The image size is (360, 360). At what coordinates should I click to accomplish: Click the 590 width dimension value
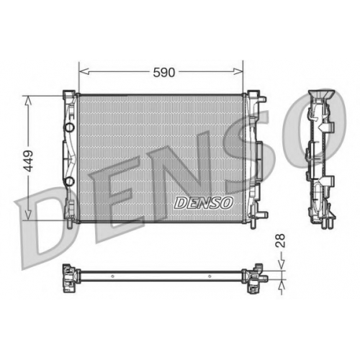point(164,73)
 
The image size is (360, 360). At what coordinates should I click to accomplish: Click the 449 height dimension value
point(29,161)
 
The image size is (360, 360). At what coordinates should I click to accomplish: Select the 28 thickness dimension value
point(280,240)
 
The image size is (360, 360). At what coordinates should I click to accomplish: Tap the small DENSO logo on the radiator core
point(204,203)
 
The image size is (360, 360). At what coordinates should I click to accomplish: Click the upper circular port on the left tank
point(69,127)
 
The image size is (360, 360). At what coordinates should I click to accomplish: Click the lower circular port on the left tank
point(69,181)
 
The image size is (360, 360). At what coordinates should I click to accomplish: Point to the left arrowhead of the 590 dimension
point(84,71)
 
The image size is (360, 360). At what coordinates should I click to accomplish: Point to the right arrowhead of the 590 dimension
point(238,71)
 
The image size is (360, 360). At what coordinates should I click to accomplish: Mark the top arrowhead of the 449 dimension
point(28,101)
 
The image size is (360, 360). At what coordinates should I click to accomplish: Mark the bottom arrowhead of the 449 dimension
point(28,215)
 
